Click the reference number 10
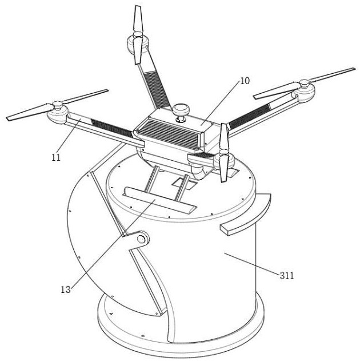pyautogui.click(x=245, y=81)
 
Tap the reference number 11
pyautogui.click(x=56, y=157)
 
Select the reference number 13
pyautogui.click(x=66, y=289)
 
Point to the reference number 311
pyautogui.click(x=287, y=275)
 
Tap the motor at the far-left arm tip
pyautogui.click(x=58, y=113)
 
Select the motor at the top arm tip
pyautogui.click(x=138, y=43)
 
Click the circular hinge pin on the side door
pyautogui.click(x=141, y=239)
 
